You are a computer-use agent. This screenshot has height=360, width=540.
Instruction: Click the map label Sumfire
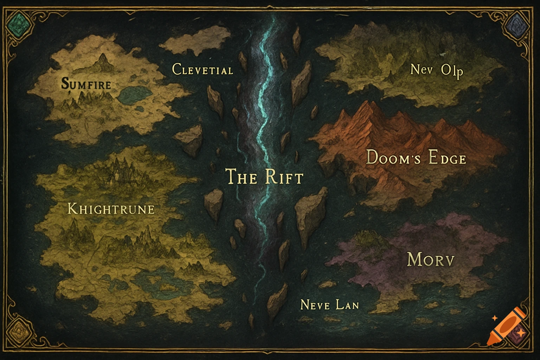click(x=86, y=84)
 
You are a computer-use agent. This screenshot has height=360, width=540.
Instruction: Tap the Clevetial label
click(x=202, y=70)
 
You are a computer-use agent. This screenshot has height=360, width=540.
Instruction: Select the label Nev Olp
click(x=437, y=70)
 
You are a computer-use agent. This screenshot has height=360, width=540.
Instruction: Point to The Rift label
click(x=264, y=176)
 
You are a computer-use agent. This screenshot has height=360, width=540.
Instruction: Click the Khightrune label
click(x=111, y=210)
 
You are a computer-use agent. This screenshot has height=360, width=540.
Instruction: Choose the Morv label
click(x=431, y=260)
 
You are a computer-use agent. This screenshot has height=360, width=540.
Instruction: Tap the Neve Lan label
click(x=329, y=304)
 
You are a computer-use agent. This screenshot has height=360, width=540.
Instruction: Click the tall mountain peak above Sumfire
click(x=103, y=61)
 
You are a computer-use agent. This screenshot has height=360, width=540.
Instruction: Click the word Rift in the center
click(x=284, y=177)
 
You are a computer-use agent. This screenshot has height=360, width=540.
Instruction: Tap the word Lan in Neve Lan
click(x=347, y=304)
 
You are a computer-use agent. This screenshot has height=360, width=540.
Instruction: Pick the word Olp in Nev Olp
click(x=452, y=71)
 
